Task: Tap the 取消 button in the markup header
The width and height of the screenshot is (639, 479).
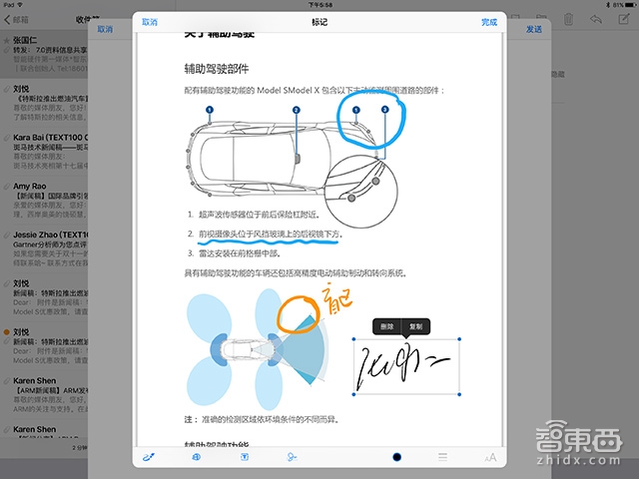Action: pos(149,21)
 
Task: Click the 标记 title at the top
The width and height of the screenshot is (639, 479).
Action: pos(319,21)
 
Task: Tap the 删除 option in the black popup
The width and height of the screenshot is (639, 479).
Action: pos(387,326)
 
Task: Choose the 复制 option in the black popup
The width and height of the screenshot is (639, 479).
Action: pos(415,326)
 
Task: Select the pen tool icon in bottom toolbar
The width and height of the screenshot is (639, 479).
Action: pos(149,457)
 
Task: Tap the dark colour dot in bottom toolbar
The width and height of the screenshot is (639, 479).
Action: pos(396,457)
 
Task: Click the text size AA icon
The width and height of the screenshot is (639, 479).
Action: pos(489,457)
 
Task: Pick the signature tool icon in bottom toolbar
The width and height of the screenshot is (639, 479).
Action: pos(292,457)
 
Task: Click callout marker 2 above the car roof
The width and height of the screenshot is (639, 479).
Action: pos(297,110)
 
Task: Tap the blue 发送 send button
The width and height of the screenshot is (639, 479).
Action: pos(534,29)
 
